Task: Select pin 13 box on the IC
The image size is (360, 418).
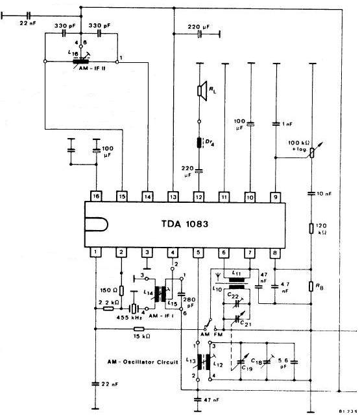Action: click(173, 195)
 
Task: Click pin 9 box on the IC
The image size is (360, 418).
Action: click(276, 195)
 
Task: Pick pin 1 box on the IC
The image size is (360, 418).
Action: click(96, 252)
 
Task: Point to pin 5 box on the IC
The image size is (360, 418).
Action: click(198, 252)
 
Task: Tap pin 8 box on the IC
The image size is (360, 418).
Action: click(276, 252)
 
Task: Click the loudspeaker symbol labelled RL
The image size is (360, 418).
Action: click(202, 92)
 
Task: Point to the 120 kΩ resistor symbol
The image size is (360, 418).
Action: click(313, 227)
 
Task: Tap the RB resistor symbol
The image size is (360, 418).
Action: click(313, 286)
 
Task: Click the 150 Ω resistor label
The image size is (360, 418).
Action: click(107, 290)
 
